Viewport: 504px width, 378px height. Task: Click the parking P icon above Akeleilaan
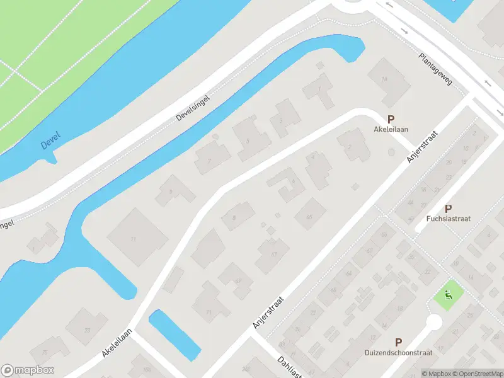[391, 118]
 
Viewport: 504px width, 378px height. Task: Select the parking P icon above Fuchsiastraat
[448, 209]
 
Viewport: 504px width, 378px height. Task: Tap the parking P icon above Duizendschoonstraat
[398, 341]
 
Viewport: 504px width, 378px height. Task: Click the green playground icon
[449, 293]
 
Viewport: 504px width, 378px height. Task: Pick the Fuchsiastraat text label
[448, 219]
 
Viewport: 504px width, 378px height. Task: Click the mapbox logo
[28, 370]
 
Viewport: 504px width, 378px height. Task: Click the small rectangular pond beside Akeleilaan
[174, 335]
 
